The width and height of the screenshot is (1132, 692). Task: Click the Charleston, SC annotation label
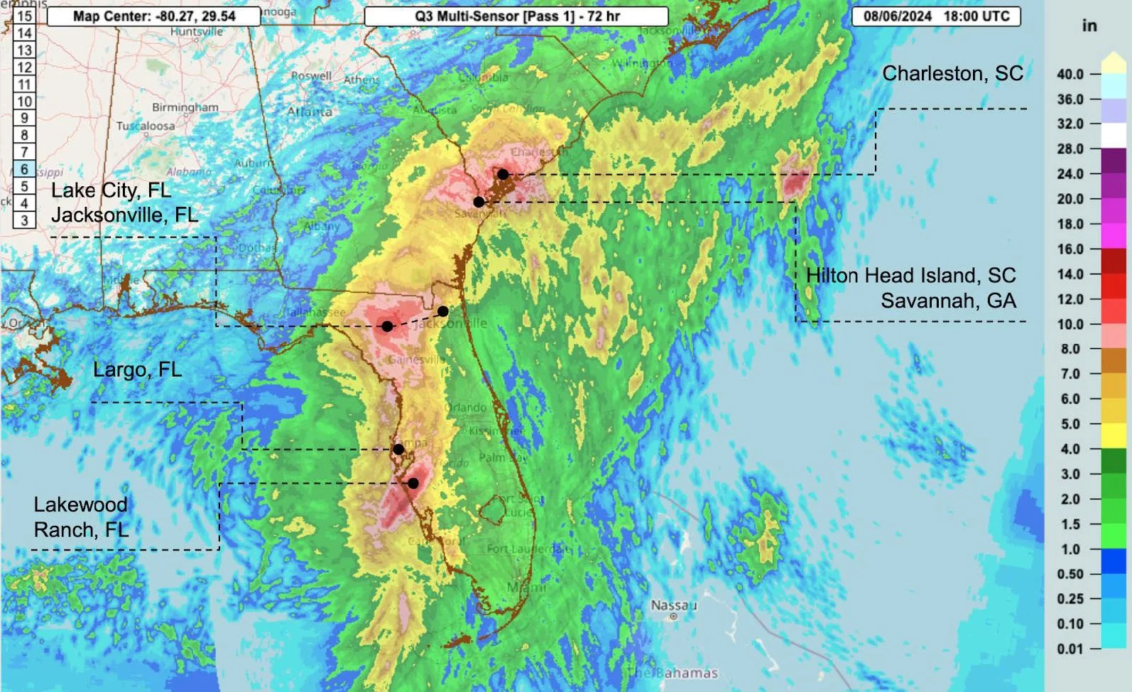952,74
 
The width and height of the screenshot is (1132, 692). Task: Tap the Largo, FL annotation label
137,370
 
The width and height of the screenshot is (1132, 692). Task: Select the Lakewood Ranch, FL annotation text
81,517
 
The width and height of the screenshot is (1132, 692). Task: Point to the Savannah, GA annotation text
948,301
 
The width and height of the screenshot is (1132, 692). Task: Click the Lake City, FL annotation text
111,190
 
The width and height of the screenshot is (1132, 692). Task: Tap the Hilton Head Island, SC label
910,276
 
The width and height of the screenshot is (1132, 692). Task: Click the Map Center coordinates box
153,16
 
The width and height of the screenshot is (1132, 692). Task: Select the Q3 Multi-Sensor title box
516,16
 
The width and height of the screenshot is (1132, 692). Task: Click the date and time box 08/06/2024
936,16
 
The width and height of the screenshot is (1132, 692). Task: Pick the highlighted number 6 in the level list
24,169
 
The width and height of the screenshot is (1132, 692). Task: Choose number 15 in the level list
24,16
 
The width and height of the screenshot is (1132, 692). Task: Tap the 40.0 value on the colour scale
1070,75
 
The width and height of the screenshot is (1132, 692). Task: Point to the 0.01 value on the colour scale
1070,649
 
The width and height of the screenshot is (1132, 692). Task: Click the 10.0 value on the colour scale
1070,325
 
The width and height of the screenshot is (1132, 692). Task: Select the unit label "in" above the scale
1089,26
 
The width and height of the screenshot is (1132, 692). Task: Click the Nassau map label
673,605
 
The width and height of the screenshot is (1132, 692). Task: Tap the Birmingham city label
185,107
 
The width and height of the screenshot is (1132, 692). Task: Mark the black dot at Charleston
503,174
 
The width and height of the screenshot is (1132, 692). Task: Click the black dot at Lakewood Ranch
413,483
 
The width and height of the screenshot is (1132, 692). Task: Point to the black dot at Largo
398,449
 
